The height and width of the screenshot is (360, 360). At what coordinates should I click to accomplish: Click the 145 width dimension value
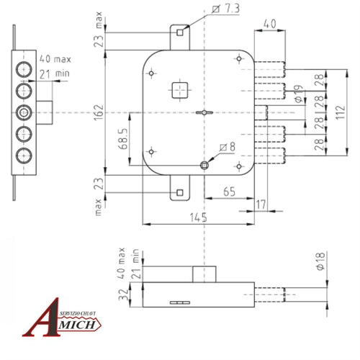coord(199,217)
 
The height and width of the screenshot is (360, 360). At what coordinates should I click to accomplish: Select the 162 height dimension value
coord(98,111)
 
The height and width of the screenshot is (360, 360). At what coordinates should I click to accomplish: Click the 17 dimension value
coord(261,204)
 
